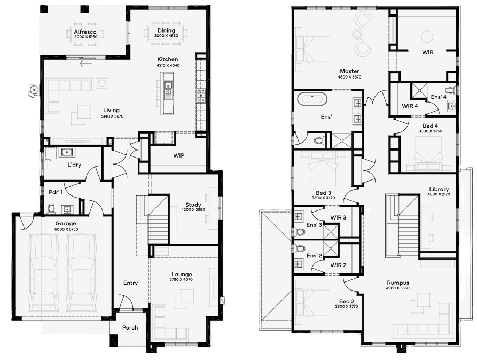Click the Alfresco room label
coord(85,32)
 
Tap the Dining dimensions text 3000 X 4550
coord(166,36)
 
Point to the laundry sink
coord(67,152)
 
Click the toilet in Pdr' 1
coord(52,209)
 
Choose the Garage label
coord(65,223)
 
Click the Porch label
coord(130,327)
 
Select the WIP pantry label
coord(178,155)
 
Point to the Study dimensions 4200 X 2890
coord(193,210)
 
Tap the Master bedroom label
coord(349,71)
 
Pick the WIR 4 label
coord(410,106)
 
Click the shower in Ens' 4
coord(419,91)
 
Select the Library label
coord(439,189)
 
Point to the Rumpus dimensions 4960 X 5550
coord(398,288)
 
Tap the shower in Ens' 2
coord(330,249)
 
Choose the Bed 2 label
coord(347,301)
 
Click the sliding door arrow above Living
coord(86,64)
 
